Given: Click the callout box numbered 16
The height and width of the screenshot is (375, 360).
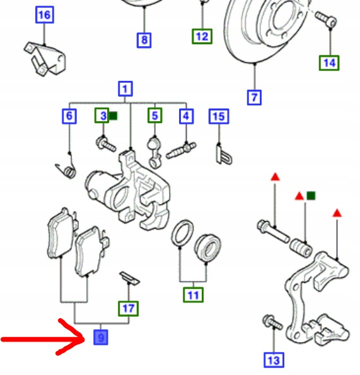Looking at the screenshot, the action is tap(45, 15).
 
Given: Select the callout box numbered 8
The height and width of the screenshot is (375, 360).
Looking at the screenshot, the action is tap(144, 40).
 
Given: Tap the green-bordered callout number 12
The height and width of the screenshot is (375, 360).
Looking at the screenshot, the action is tap(202, 37).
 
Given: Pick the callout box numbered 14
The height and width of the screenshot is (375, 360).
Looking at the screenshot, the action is tap(329, 63).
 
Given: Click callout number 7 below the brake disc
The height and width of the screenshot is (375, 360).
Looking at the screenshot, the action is tap(254, 97).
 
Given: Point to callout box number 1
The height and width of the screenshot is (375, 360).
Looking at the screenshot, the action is tap(125, 89).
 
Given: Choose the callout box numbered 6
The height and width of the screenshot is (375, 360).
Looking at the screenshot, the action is tap(69, 116).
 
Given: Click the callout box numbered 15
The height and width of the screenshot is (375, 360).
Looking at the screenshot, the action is tap(219, 116).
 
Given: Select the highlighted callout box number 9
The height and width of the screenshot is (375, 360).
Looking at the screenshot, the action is tap(101, 337).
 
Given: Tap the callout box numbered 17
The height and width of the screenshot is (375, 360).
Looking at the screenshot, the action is tap(129, 309).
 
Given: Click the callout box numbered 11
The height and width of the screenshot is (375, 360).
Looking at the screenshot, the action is tap(194, 295).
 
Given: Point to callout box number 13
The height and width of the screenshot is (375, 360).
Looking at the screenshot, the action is tap(274, 360).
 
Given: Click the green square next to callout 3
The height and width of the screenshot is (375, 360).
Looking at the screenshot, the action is tap(113, 116).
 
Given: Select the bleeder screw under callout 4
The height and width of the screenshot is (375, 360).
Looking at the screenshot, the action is tap(181, 150).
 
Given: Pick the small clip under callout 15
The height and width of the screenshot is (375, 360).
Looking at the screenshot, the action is tap(224, 155).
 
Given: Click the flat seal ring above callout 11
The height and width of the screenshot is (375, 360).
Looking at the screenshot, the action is tap(182, 233).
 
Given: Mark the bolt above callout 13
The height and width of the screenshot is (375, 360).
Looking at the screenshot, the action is tap(272, 323).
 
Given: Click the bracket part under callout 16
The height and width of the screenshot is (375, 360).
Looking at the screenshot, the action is tap(45, 59).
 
